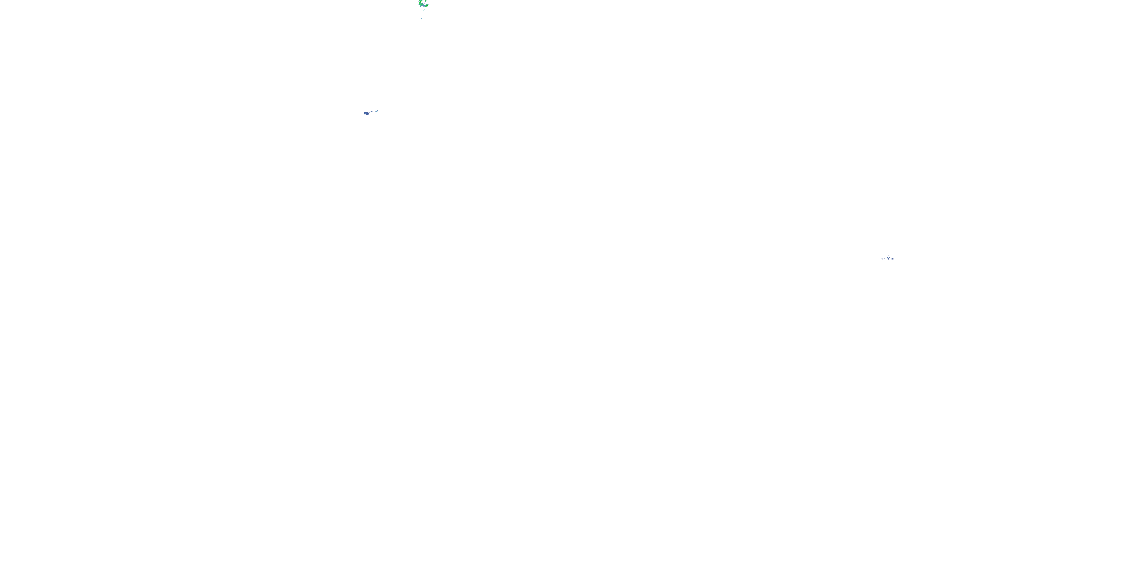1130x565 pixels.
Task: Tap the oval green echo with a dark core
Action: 427,6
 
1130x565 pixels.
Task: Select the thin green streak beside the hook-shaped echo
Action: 426,1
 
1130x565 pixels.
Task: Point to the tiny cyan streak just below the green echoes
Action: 424,10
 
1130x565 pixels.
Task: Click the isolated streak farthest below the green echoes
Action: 422,19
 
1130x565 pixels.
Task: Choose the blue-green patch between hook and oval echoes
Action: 423,4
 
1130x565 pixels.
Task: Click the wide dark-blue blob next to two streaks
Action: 367,114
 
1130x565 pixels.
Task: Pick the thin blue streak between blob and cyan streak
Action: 371,112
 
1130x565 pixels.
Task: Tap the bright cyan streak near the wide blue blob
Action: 377,111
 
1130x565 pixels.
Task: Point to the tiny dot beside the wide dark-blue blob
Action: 363,114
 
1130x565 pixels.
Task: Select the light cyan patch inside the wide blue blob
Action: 366,114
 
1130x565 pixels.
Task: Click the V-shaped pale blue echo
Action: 889,258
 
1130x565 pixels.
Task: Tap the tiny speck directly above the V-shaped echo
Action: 889,256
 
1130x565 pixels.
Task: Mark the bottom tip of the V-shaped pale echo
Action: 889,260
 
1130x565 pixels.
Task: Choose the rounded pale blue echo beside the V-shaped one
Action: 893,259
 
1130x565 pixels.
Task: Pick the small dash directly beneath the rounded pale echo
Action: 892,260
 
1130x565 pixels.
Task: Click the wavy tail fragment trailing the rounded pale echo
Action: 894,261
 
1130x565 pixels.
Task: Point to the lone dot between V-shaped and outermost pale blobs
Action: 885,259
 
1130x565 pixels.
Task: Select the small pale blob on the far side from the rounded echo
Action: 883,259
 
